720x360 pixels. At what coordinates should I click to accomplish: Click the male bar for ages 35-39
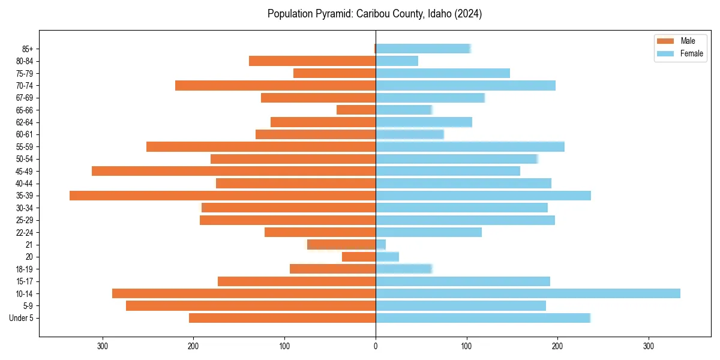click(x=223, y=196)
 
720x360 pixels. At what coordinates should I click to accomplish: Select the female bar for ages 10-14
click(x=528, y=293)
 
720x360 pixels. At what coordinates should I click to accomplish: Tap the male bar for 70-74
click(x=275, y=85)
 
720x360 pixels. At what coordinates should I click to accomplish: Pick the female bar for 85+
click(x=423, y=49)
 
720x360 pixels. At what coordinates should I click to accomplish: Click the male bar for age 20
click(x=359, y=257)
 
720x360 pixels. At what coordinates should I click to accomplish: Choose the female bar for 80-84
click(x=397, y=61)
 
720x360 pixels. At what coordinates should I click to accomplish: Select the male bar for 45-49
click(x=234, y=171)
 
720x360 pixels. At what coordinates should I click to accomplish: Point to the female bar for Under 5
click(x=483, y=318)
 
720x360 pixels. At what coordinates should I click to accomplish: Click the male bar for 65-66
click(x=356, y=110)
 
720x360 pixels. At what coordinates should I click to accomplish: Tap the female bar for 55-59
click(x=470, y=146)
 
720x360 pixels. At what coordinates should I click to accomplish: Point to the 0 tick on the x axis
click(x=376, y=346)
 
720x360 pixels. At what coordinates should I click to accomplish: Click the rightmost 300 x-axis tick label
click(x=648, y=346)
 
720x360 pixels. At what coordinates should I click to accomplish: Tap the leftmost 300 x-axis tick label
click(x=103, y=346)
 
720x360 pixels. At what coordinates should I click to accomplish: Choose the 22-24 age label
click(x=25, y=233)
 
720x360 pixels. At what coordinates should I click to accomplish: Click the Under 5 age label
click(x=22, y=318)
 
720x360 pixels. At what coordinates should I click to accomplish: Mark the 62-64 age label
click(x=25, y=122)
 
